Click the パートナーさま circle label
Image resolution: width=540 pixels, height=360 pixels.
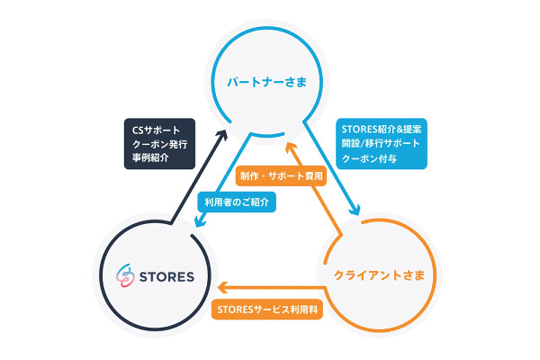click(x=265, y=84)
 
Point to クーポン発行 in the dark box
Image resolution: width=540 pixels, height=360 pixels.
click(x=157, y=143)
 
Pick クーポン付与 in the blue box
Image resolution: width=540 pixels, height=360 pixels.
click(x=369, y=159)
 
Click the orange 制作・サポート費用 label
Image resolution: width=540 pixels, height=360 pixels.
click(x=282, y=176)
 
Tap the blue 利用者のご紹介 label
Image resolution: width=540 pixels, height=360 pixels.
click(x=237, y=202)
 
